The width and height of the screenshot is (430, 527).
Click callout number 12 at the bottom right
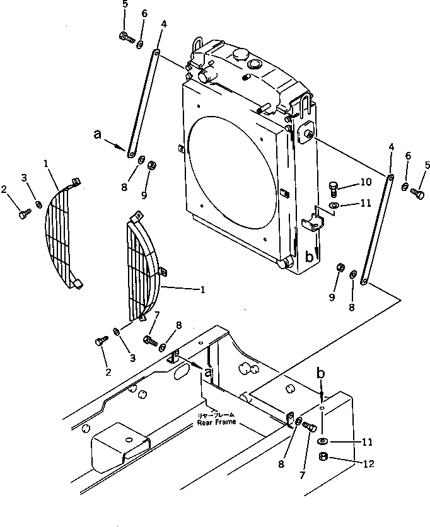tap(368, 464)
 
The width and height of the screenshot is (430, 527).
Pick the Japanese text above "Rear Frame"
tap(216, 414)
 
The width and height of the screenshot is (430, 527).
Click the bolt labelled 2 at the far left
tap(23, 216)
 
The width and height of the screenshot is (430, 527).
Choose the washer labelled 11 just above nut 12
tap(322, 440)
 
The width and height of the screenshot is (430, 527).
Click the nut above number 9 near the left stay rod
tap(153, 166)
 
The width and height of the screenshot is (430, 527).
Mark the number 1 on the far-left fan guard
tap(47, 163)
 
